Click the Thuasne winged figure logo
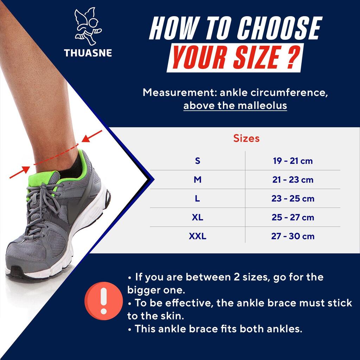[88, 26]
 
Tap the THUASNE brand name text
[88, 53]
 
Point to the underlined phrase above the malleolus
[235, 105]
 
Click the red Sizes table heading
[246, 138]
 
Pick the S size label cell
[198, 161]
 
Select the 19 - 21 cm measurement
[293, 161]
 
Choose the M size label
[198, 180]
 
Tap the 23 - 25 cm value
[293, 198]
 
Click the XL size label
[198, 217]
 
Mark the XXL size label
[198, 236]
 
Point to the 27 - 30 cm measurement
[293, 236]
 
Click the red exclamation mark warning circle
[104, 301]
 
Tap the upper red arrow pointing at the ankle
[92, 136]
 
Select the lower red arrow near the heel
[20, 172]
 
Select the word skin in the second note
[174, 316]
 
